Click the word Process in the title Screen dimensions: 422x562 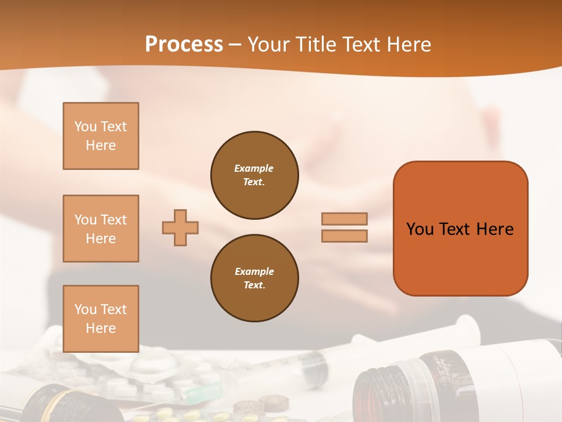pyautogui.click(x=184, y=45)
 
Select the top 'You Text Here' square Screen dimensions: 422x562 pyautogui.click(x=101, y=136)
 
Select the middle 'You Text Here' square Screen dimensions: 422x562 pyautogui.click(x=101, y=229)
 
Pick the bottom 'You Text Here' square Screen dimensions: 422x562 pyautogui.click(x=101, y=319)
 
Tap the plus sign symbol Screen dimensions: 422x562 pyautogui.click(x=180, y=227)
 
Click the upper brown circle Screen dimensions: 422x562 pyautogui.click(x=254, y=175)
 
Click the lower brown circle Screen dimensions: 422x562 pyautogui.click(x=254, y=278)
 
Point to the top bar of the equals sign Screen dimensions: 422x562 pyautogui.click(x=344, y=219)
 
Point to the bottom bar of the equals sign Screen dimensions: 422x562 pyautogui.click(x=344, y=236)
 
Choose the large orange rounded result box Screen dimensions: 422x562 pyautogui.click(x=460, y=229)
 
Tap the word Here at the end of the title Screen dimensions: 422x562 pyautogui.click(x=410, y=45)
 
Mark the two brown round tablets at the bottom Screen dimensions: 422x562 pyautogui.click(x=260, y=403)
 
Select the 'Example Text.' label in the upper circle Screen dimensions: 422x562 pyautogui.click(x=254, y=175)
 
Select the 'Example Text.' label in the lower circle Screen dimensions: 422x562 pyautogui.click(x=254, y=278)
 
